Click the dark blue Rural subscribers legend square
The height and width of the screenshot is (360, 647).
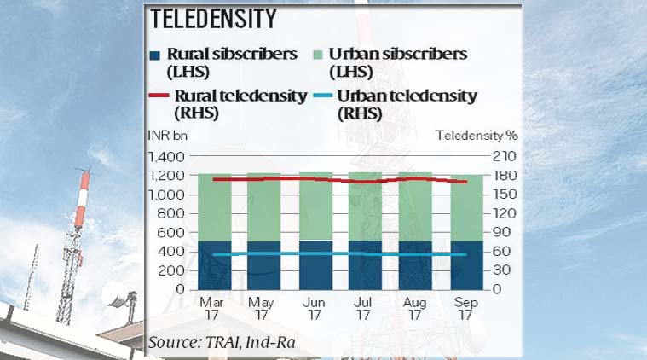[x=155, y=55]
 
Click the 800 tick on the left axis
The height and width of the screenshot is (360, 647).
[x=170, y=214]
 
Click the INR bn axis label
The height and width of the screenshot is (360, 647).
[x=165, y=135]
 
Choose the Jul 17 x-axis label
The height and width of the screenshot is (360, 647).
[x=362, y=307]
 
